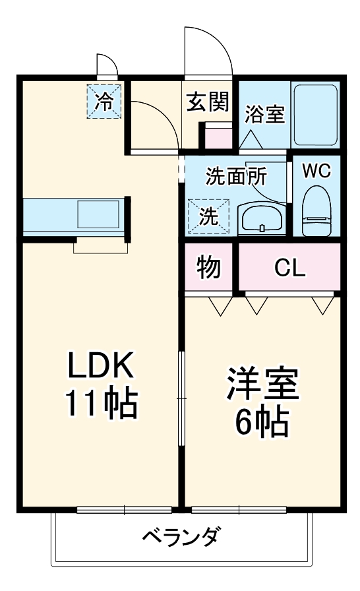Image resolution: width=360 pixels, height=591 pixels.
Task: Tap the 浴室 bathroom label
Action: [264, 113]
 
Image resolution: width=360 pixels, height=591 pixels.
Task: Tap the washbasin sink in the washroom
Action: [261, 218]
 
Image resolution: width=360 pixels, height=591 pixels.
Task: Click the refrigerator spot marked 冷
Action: [104, 100]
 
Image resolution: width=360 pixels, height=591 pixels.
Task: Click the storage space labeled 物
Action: [208, 267]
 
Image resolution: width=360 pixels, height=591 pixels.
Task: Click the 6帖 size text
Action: [263, 423]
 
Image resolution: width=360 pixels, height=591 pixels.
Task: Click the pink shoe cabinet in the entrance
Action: [218, 137]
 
